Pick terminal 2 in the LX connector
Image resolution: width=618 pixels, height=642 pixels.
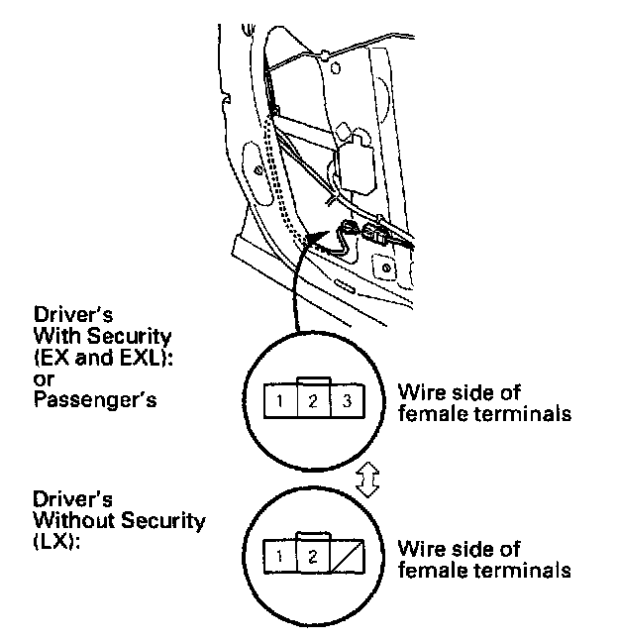tap(312, 556)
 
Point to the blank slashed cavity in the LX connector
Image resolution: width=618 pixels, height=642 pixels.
tap(346, 556)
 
